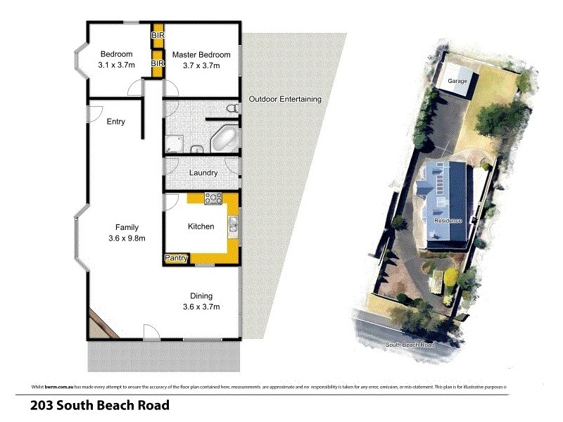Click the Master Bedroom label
(x=203, y=55)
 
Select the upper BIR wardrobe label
(x=158, y=34)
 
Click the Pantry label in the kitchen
(x=176, y=259)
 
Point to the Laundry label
(x=203, y=172)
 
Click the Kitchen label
(x=201, y=226)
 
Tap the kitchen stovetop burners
(x=213, y=199)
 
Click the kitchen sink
(x=232, y=225)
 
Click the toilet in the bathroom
(x=232, y=109)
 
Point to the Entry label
(x=116, y=122)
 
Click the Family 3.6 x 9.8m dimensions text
(x=127, y=238)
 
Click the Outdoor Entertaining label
(x=285, y=99)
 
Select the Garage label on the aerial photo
(x=457, y=82)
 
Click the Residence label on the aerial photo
(x=448, y=221)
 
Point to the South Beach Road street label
(x=410, y=345)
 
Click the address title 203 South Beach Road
(x=99, y=406)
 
